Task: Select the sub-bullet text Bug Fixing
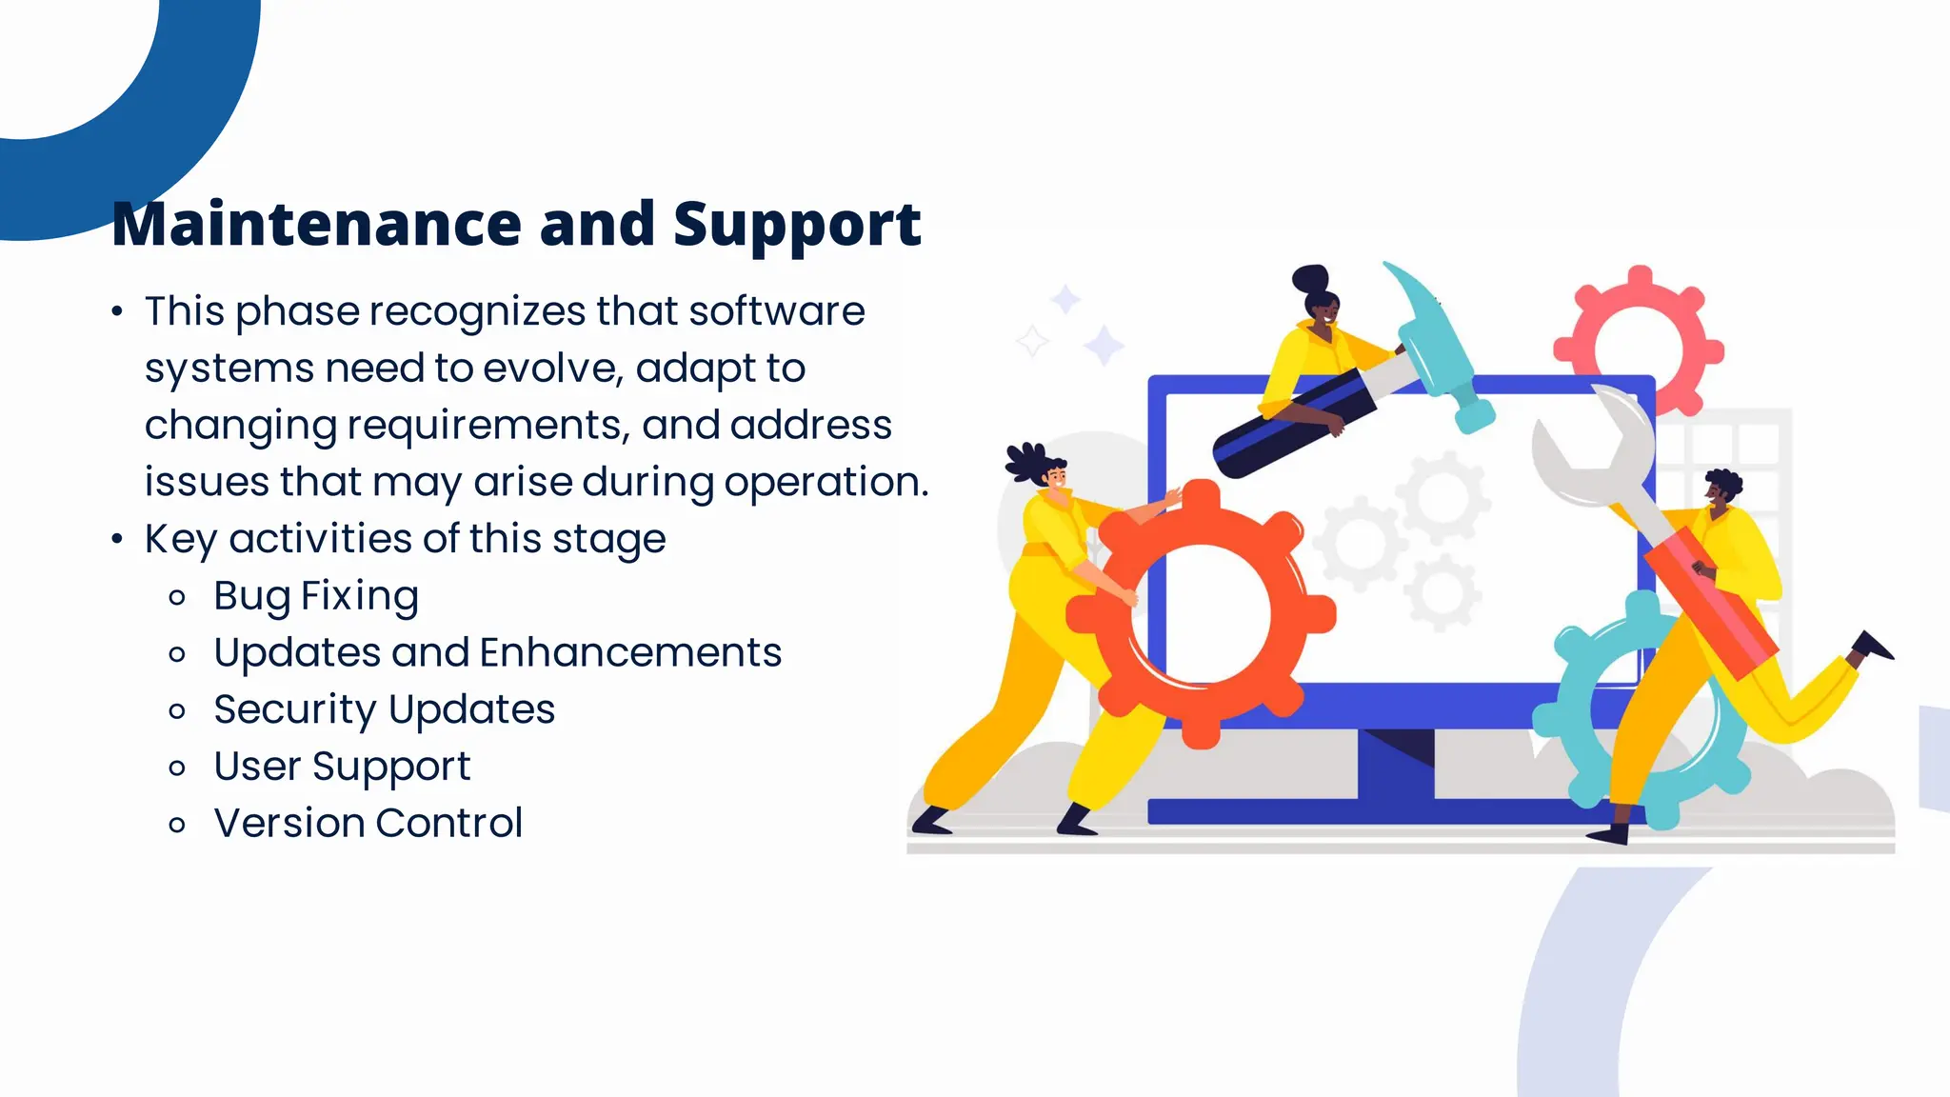pyautogui.click(x=316, y=596)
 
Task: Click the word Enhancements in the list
pyautogui.click(x=630, y=653)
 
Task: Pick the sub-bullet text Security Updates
pyautogui.click(x=384, y=710)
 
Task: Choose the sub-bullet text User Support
pyautogui.click(x=342, y=767)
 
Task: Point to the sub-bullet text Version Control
pyautogui.click(x=368, y=824)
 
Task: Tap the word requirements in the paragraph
pyautogui.click(x=487, y=426)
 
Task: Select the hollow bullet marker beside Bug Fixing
pyautogui.click(x=177, y=598)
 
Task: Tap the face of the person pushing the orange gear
pyautogui.click(x=1055, y=476)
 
